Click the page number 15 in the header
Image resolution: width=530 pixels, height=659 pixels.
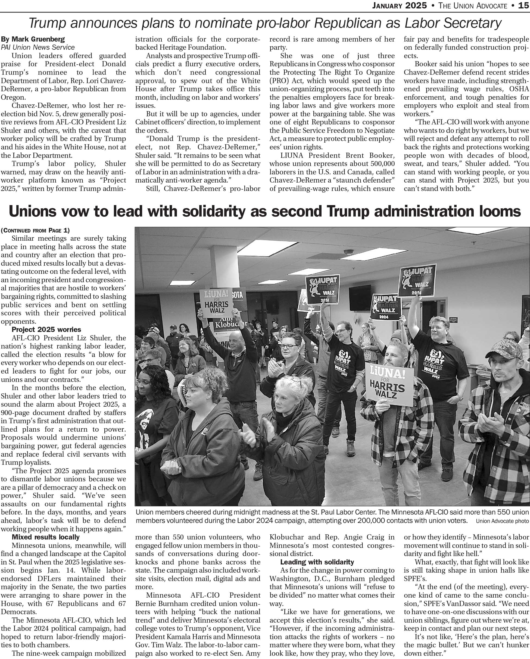tap(523, 5)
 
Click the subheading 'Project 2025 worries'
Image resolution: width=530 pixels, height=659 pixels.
tap(46, 329)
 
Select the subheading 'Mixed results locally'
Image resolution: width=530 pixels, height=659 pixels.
tap(46, 537)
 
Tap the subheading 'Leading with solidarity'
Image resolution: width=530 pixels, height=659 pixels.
tap(317, 562)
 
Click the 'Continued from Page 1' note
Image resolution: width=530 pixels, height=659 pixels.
tap(35, 230)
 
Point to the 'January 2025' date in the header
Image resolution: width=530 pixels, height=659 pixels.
tap(399, 5)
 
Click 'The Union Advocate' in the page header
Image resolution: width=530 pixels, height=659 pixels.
tap(472, 5)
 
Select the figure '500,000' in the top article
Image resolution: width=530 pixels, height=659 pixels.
tap(379, 164)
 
